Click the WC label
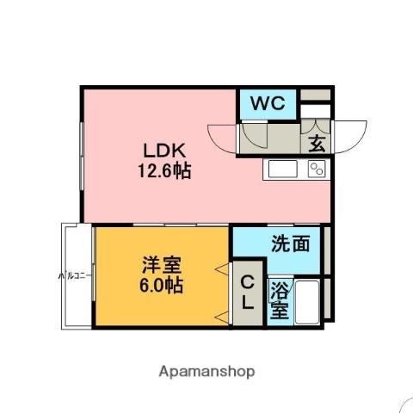pos(268,105)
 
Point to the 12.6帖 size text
pos(161,170)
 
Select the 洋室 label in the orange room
pos(161,263)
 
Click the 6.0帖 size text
pos(161,285)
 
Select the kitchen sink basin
pos(281,168)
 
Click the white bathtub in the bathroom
pos(307,302)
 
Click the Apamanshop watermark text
pos(206,372)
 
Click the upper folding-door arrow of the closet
pos(223,270)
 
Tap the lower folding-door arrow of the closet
pos(223,313)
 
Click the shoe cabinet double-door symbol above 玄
pos(315,114)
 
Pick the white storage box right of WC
pos(314,95)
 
